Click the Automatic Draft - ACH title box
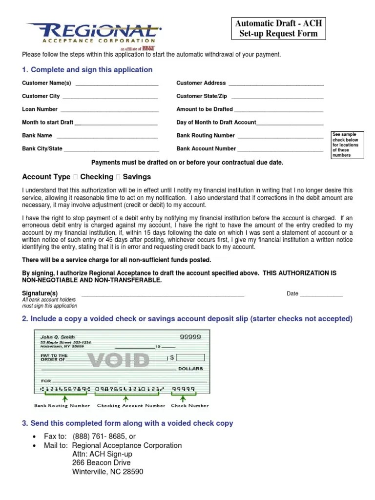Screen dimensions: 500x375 tap(278, 28)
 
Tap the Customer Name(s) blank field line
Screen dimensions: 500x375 tap(117, 84)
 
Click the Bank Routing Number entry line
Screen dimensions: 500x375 tap(280, 137)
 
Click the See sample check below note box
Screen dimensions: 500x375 tap(347, 145)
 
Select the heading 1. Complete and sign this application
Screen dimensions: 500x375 tap(87, 70)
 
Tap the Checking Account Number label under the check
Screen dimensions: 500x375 tap(131, 406)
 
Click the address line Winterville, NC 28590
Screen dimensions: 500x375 tap(107, 472)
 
